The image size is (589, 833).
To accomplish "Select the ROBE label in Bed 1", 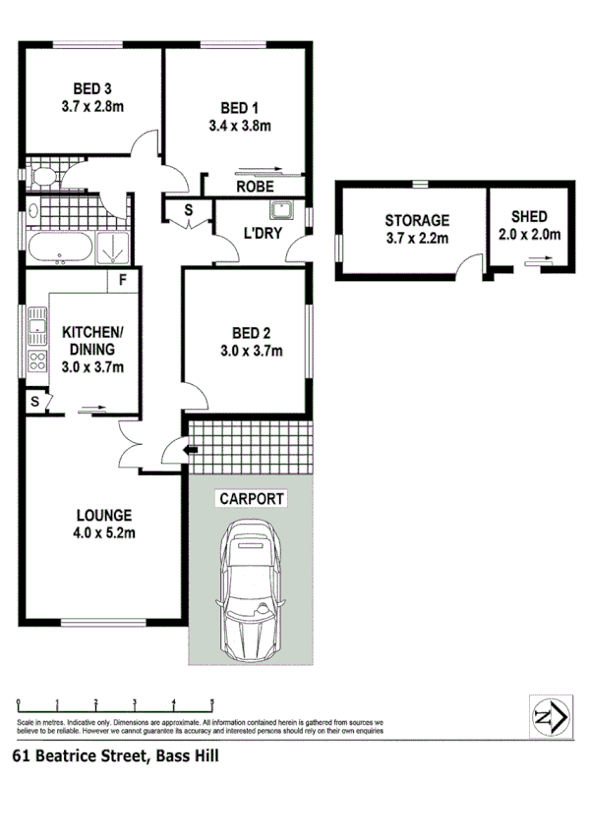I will click(253, 186).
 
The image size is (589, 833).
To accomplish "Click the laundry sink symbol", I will click(281, 209).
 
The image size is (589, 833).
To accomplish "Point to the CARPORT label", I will click(252, 499).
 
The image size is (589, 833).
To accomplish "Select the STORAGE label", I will click(416, 221).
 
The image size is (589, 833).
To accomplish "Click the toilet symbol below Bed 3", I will click(43, 177).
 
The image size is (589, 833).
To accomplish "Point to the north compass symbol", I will click(546, 717).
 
